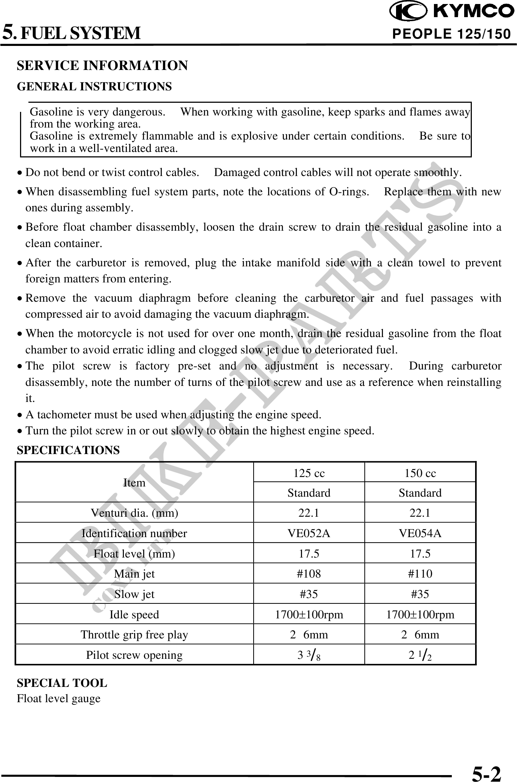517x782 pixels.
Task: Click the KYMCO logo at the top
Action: [451, 12]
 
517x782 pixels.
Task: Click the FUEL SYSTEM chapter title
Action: [80, 33]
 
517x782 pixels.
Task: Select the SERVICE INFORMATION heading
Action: [102, 66]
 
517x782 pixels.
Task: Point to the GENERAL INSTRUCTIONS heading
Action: [94, 87]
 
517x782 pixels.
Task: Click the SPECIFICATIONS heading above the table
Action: [68, 450]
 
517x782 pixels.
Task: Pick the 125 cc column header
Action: [309, 473]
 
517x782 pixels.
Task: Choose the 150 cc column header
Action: [420, 473]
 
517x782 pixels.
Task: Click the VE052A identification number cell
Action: [309, 533]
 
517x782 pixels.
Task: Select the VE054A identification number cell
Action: [420, 533]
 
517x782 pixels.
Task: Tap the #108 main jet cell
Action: [309, 574]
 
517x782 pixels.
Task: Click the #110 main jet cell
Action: [420, 574]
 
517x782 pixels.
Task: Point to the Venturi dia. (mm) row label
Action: [134, 513]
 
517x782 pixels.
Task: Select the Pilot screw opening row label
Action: [134, 655]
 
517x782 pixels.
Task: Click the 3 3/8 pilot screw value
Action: [309, 655]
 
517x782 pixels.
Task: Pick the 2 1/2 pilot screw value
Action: [420, 655]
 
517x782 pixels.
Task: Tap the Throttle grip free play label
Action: [134, 635]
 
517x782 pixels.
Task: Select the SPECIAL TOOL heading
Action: [62, 683]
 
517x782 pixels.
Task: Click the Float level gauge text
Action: [59, 699]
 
